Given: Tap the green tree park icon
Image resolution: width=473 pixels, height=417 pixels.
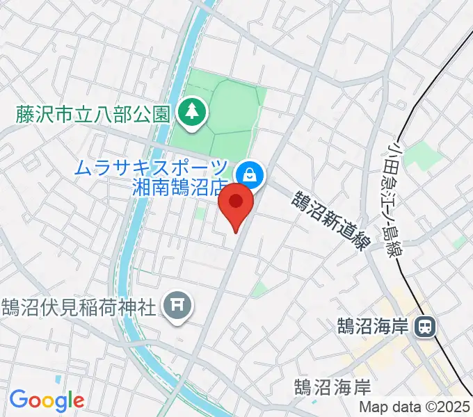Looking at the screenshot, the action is click(189, 111).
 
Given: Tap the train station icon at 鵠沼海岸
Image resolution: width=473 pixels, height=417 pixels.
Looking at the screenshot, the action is click(423, 325).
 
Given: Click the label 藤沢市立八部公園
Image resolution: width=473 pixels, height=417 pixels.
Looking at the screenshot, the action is click(93, 112).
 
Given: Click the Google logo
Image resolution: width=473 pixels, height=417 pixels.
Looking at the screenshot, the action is click(47, 400).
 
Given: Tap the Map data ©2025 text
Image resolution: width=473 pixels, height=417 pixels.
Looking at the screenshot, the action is click(415, 407).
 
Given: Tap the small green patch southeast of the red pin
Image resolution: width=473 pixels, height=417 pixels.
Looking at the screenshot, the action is click(259, 290).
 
